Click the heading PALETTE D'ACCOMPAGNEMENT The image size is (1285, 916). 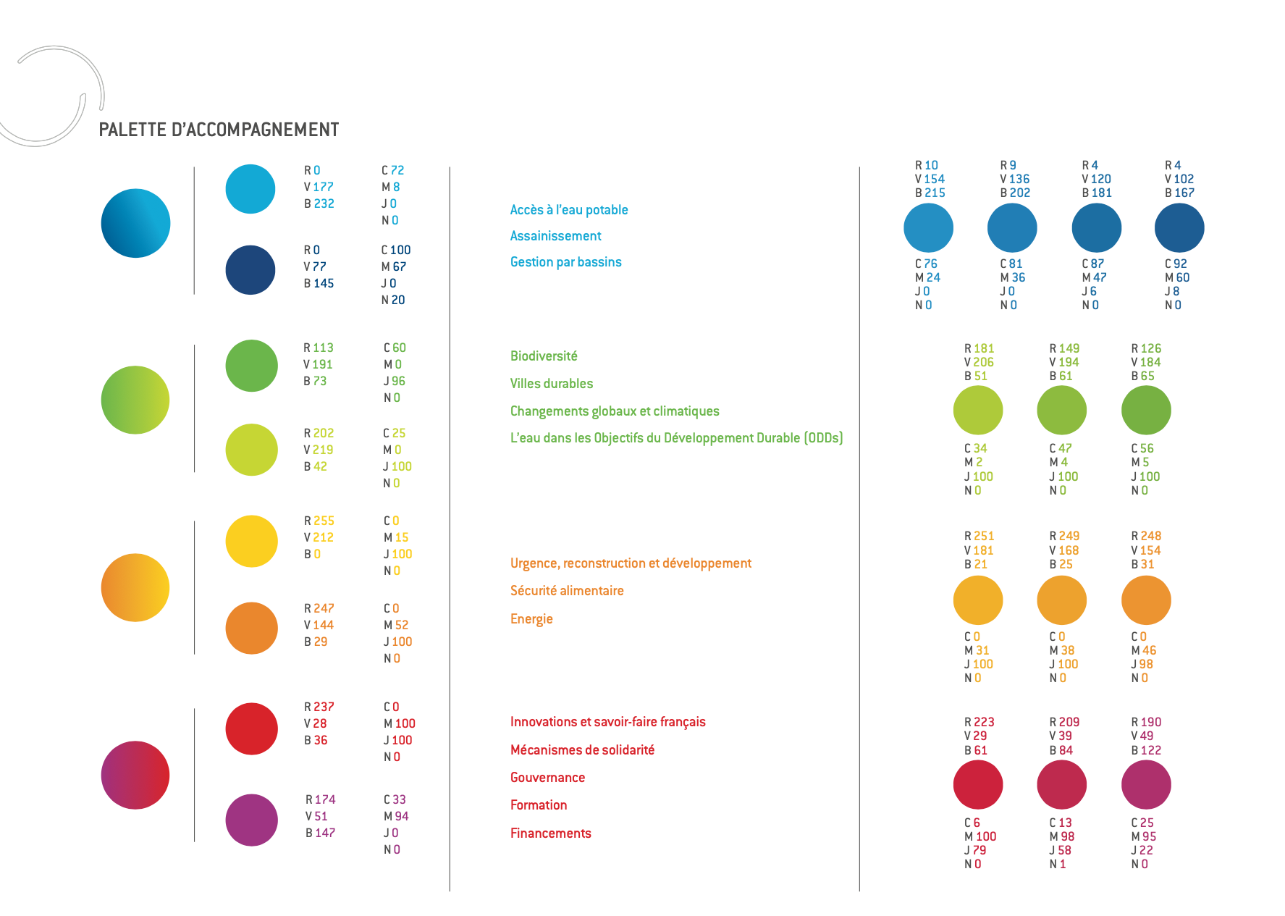(219, 130)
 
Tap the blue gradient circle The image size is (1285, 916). (135, 223)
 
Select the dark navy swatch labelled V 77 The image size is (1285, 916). (250, 270)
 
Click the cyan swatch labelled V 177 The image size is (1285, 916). (250, 189)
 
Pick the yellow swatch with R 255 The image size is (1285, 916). (251, 541)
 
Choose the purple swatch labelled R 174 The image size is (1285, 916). (251, 820)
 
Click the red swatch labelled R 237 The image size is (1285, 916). (251, 728)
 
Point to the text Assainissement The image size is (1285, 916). (555, 236)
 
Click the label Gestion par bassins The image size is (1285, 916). (565, 262)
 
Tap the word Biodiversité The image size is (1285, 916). (544, 356)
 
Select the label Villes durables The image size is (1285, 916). (551, 384)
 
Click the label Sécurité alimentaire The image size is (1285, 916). (567, 591)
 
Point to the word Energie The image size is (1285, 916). (531, 619)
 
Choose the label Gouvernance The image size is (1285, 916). (547, 778)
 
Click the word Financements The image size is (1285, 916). (550, 833)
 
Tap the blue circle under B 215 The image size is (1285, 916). (928, 228)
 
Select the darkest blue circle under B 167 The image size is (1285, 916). (1179, 228)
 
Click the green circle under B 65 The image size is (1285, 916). (1146, 411)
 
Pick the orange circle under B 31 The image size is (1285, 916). (1146, 600)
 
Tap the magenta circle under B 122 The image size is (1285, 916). (1146, 785)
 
